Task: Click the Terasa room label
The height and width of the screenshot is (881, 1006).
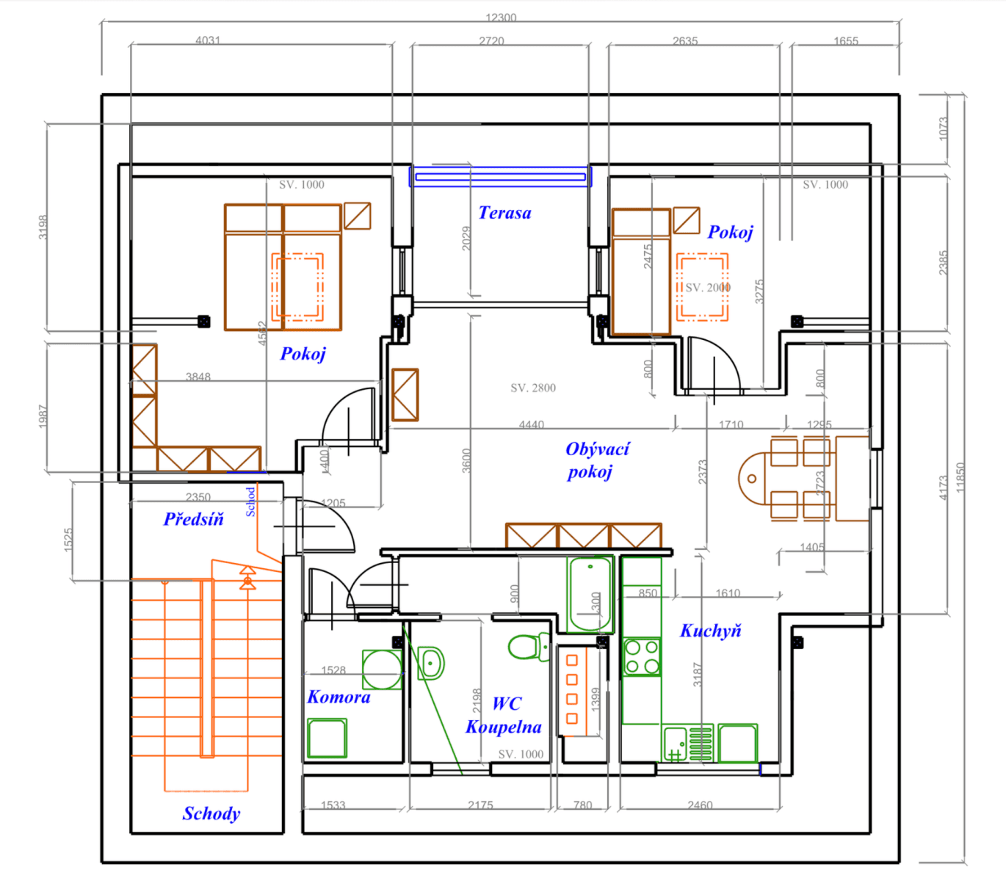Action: [504, 213]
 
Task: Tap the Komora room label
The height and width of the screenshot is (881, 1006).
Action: [339, 697]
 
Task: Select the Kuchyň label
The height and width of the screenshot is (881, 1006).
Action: [710, 631]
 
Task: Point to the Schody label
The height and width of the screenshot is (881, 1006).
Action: [211, 813]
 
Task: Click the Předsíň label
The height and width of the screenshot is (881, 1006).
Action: [193, 519]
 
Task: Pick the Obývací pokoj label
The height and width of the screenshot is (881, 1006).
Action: [596, 460]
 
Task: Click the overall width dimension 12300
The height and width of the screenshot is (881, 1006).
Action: [501, 18]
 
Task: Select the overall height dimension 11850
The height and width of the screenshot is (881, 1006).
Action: [960, 478]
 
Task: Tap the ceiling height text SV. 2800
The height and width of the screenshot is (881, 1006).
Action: [533, 388]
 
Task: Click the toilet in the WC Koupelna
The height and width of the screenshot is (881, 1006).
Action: [526, 647]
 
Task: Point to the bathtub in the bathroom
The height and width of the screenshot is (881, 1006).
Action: [590, 595]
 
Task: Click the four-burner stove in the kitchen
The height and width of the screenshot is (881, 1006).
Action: [641, 657]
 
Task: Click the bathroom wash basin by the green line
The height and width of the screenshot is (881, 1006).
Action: [431, 663]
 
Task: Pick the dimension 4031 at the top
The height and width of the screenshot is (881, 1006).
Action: [208, 40]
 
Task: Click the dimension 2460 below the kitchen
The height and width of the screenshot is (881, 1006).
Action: [700, 805]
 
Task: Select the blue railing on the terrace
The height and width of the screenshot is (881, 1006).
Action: [500, 176]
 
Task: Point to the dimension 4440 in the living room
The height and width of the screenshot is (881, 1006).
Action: [531, 424]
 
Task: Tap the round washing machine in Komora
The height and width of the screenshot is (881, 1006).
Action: [382, 669]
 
